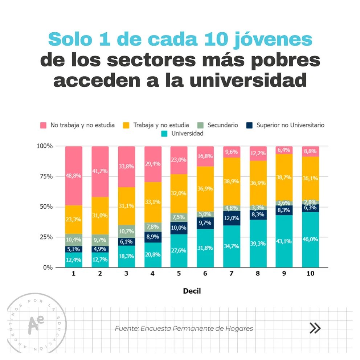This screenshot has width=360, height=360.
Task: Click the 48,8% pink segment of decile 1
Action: pyautogui.click(x=74, y=176)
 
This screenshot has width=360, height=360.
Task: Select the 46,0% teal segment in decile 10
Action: pyautogui.click(x=311, y=240)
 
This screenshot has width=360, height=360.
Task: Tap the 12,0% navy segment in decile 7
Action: pyautogui.click(x=232, y=218)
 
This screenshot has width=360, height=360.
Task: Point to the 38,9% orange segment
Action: pyautogui.click(x=232, y=181)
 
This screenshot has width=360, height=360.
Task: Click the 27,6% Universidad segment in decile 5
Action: pyautogui.click(x=179, y=250)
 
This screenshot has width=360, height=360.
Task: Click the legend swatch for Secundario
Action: pyautogui.click(x=201, y=125)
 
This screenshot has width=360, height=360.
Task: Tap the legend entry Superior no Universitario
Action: pyautogui.click(x=290, y=125)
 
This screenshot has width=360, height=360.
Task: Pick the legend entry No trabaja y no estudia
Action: pyautogui.click(x=82, y=125)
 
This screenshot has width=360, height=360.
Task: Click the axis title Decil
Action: pyautogui.click(x=192, y=291)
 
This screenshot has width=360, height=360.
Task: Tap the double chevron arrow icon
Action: pyautogui.click(x=315, y=328)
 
